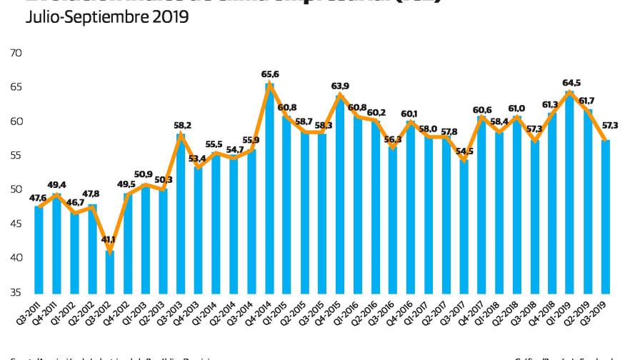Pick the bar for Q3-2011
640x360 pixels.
click(39, 249)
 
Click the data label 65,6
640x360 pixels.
click(269, 74)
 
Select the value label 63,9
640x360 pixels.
click(340, 86)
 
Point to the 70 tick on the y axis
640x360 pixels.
click(16, 53)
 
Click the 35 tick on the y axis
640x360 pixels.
click(16, 292)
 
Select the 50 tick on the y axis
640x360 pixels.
click(16, 189)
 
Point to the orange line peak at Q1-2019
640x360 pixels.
click(570, 91)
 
